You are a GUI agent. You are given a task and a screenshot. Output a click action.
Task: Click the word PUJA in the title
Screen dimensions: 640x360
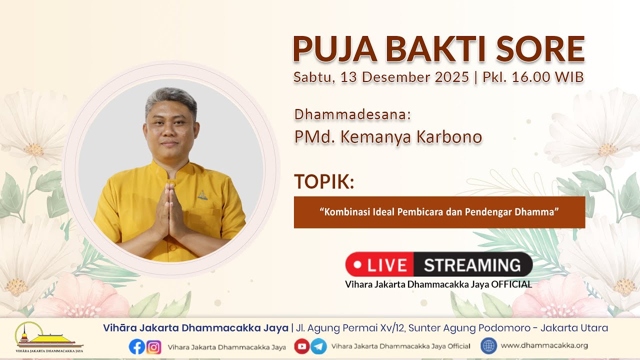[335, 49]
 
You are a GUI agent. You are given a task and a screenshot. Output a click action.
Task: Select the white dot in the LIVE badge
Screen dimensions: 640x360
[357, 264]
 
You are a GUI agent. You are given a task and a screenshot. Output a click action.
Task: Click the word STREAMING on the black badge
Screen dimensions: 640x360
[472, 265]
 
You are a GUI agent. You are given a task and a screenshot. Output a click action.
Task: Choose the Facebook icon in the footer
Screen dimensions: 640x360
[137, 346]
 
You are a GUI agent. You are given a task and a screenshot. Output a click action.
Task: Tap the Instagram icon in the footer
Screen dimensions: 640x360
[153, 347]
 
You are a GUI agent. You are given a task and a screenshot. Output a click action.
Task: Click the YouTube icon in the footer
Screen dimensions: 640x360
[302, 346]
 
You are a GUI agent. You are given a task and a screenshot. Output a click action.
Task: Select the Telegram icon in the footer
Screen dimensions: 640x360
[318, 346]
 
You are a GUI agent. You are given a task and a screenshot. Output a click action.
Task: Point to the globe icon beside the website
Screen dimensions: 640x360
[488, 345]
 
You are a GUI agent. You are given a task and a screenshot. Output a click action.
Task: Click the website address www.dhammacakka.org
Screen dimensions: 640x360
[544, 345]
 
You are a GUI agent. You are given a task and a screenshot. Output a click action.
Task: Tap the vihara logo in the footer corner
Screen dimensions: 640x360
[49, 337]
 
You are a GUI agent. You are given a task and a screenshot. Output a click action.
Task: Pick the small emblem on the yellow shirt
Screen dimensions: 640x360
[202, 195]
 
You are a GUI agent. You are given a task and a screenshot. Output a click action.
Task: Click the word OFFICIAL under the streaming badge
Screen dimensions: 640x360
[511, 284]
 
